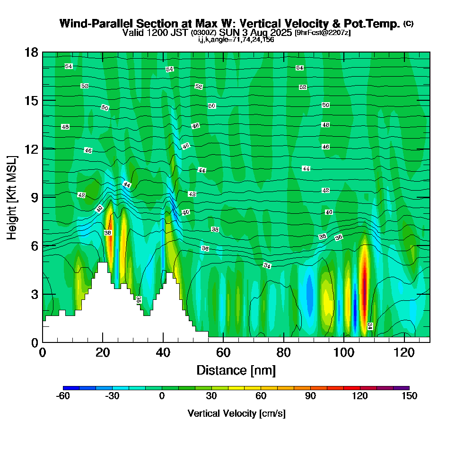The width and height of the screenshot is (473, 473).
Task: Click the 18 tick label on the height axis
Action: [x=31, y=52]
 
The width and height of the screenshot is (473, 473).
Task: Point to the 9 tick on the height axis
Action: [x=43, y=197]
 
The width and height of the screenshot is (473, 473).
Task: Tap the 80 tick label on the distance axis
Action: [x=283, y=352]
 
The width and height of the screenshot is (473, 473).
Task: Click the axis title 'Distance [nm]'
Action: [x=236, y=369]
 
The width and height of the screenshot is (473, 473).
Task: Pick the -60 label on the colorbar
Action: [x=63, y=396]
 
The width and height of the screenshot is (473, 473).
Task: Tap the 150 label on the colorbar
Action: [x=409, y=396]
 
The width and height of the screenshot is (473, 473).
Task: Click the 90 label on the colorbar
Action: [x=310, y=396]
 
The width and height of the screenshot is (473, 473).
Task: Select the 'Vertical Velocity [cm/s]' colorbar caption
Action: [x=236, y=413]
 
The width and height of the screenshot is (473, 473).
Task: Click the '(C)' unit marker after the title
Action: [x=408, y=24]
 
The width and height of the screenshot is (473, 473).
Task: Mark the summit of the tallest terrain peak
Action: [x=103, y=263]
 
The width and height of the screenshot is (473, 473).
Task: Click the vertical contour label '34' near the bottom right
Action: [x=370, y=326]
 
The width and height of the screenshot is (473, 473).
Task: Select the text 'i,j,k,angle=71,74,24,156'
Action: [x=236, y=39]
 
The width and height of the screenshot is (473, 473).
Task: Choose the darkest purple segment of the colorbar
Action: [x=401, y=388]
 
